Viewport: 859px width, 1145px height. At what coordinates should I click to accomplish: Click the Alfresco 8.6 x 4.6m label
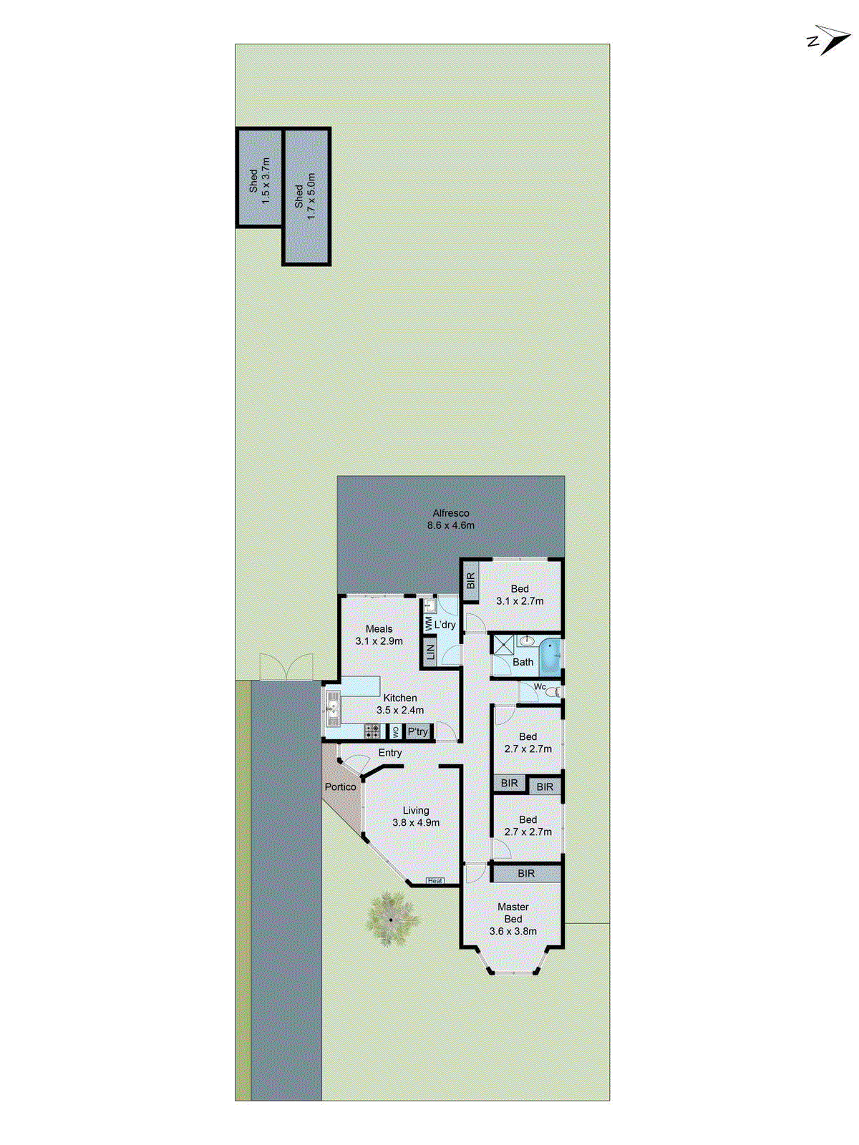pyautogui.click(x=451, y=519)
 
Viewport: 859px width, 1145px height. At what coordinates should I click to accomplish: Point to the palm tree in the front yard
pyautogui.click(x=391, y=919)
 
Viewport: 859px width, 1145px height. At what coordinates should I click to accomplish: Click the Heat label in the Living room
pyautogui.click(x=435, y=880)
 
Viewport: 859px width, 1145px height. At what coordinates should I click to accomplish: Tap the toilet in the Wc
pyautogui.click(x=553, y=691)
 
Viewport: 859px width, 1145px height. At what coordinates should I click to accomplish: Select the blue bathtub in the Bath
pyautogui.click(x=550, y=656)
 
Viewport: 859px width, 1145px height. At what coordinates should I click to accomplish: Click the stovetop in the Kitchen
pyautogui.click(x=372, y=731)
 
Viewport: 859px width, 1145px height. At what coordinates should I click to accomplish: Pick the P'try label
pyautogui.click(x=418, y=731)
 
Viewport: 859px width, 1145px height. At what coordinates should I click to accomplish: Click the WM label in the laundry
pyautogui.click(x=429, y=624)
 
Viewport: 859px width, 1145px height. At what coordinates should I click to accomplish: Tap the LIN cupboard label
pyautogui.click(x=430, y=652)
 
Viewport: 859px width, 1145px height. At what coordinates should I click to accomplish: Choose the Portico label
pyautogui.click(x=340, y=786)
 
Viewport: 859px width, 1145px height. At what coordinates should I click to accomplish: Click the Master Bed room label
pyautogui.click(x=513, y=919)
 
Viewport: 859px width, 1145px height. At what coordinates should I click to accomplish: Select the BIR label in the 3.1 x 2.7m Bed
pyautogui.click(x=470, y=581)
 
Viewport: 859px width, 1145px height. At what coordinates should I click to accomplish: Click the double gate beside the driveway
pyautogui.click(x=286, y=667)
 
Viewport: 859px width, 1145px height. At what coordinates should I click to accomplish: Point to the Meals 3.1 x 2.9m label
pyautogui.click(x=379, y=635)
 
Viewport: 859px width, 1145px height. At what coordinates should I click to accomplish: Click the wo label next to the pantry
pyautogui.click(x=395, y=732)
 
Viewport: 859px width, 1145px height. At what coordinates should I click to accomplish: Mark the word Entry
pyautogui.click(x=390, y=753)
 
